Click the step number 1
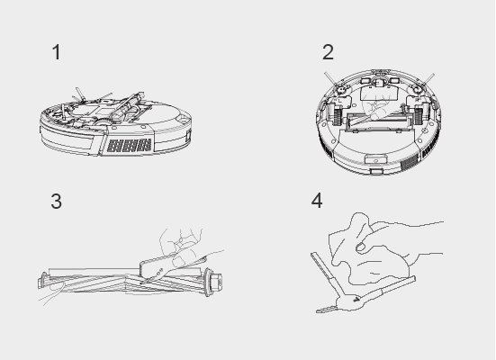click(x=57, y=52)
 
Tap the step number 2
click(x=328, y=52)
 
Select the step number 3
click(x=57, y=202)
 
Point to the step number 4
click(x=317, y=201)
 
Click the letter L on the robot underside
click(x=339, y=100)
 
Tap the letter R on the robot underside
click(x=417, y=100)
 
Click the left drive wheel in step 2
click(x=338, y=115)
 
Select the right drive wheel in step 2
click(x=419, y=115)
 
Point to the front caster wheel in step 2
click(x=379, y=83)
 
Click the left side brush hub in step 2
click(x=341, y=89)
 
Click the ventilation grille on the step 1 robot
click(x=129, y=145)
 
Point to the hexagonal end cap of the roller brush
click(x=217, y=281)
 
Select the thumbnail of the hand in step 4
click(x=361, y=247)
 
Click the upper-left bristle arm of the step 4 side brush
click(x=326, y=274)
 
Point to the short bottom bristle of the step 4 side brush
click(x=326, y=309)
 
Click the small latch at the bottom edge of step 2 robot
click(x=376, y=171)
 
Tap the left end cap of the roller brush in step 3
click(x=42, y=280)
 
